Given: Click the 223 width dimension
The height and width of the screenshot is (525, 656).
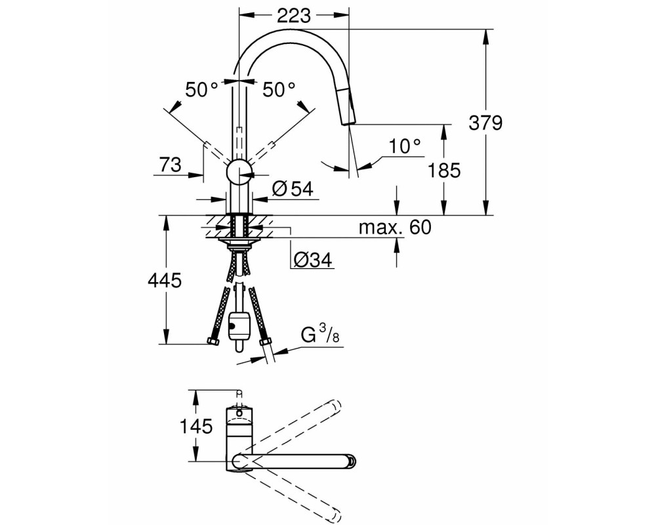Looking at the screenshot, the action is pos(294,16).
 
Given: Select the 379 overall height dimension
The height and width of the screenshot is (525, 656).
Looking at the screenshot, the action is pos(485,123).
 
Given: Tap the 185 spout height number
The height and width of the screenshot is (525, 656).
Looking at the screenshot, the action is pos(444,171).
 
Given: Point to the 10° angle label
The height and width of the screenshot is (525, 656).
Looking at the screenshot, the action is pos(404,146).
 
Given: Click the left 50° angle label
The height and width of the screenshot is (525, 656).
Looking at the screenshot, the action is pos(201,90).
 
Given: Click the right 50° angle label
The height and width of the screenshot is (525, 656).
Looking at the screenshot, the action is pos(279,90).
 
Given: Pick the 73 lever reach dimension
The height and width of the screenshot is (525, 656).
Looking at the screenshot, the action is pos(170,165).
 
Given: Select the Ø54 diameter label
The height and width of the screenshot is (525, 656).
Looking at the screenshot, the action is pos(293,189).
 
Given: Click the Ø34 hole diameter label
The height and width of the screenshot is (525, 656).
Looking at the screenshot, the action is pos(312,260).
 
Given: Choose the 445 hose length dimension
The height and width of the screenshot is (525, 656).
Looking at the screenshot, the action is pos(165,280).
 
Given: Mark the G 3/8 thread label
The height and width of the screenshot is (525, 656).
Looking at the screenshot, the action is pos(320,335).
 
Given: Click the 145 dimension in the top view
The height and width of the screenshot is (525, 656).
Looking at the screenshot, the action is pos(196,427).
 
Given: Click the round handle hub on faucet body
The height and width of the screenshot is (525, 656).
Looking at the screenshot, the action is pos(239,171).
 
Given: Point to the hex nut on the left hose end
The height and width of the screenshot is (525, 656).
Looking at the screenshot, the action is pos(214,342).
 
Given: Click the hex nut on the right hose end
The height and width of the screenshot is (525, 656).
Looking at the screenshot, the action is pos(264,343).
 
